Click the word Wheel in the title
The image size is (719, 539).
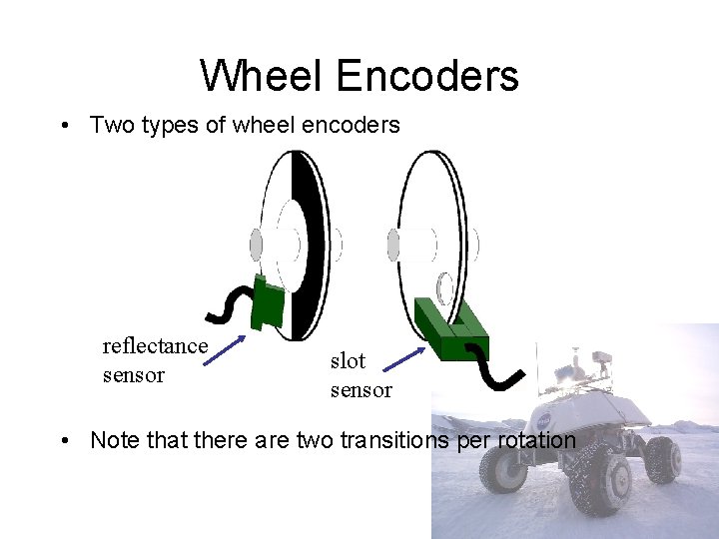click(262, 76)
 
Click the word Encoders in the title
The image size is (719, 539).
click(427, 76)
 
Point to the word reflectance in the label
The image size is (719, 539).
click(155, 346)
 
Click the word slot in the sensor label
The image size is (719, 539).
click(349, 360)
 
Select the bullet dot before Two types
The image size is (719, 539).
click(63, 126)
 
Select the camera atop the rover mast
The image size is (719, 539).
click(600, 357)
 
